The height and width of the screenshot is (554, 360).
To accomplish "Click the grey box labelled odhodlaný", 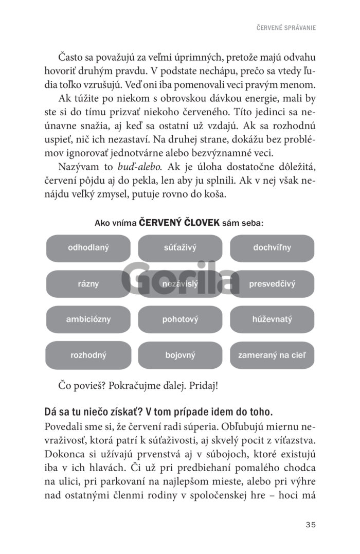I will [88, 248].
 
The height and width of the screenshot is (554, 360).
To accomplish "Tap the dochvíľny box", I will [272, 248].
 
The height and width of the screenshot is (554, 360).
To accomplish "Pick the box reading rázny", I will [88, 283].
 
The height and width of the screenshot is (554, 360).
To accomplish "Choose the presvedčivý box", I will [272, 283].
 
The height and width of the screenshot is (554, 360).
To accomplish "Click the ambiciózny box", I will [88, 319].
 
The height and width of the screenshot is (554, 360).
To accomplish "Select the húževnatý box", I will [272, 319].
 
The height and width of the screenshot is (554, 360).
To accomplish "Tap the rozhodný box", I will [88, 355].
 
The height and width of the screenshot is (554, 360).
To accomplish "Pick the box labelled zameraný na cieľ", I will [272, 355].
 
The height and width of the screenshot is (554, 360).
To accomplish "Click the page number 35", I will [310, 525].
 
